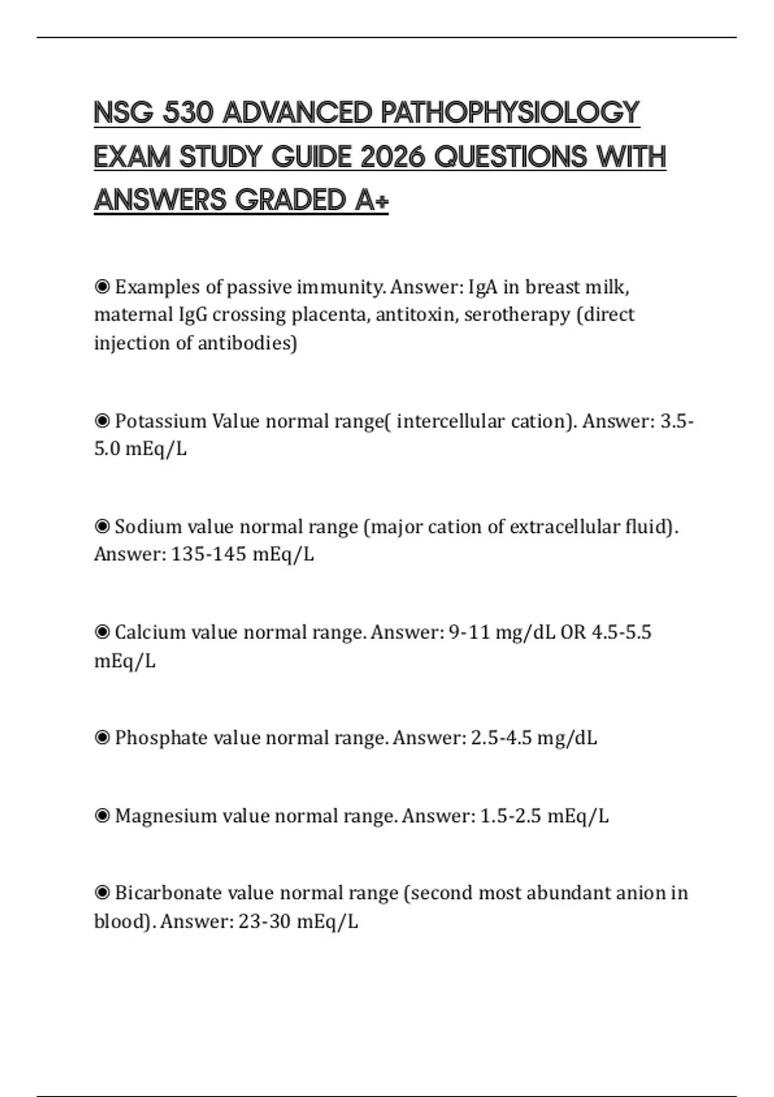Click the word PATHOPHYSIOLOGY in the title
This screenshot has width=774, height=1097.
point(510,113)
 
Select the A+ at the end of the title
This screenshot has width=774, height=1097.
point(372,200)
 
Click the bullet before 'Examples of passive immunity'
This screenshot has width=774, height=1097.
point(102,286)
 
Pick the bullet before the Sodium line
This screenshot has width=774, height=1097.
point(102,527)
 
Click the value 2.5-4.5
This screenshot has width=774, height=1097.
point(501,738)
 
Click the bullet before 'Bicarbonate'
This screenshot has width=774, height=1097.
point(102,892)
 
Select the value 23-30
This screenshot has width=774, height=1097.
point(264,921)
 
